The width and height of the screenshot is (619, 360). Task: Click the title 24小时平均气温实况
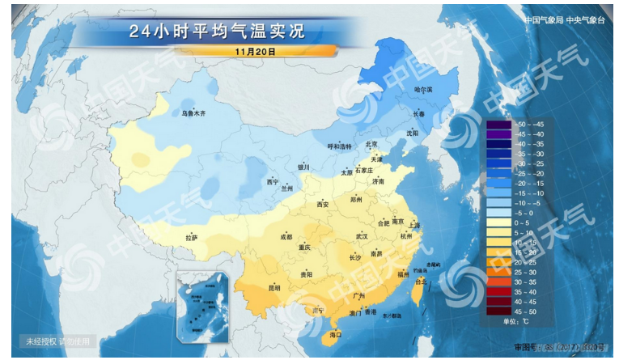click(218, 32)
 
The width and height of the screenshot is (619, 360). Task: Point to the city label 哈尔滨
click(423, 89)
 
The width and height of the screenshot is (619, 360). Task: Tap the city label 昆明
click(274, 287)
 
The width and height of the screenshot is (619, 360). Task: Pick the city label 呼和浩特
click(339, 146)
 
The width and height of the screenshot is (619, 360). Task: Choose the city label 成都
click(286, 237)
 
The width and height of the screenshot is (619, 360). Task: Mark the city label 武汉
click(360, 236)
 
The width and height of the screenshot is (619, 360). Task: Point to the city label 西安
click(323, 204)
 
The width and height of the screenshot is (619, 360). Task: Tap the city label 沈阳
click(413, 133)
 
